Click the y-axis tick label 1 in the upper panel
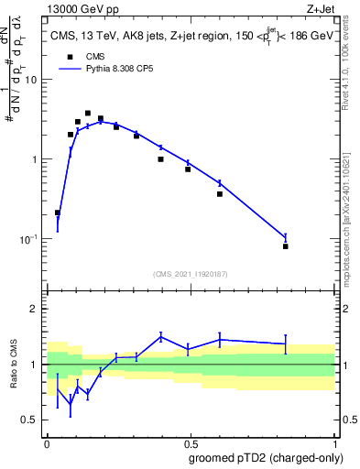point(36,159)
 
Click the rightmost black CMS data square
point(286,246)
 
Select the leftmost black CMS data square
point(58,213)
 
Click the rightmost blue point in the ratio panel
point(286,344)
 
